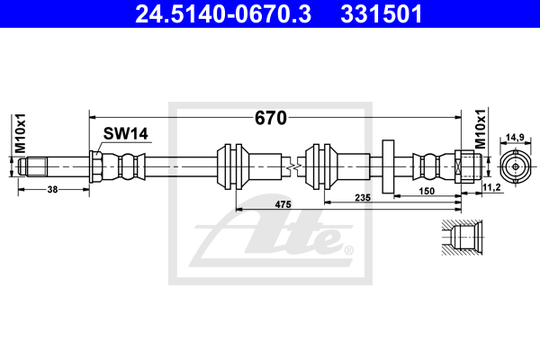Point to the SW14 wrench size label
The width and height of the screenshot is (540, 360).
click(x=124, y=134)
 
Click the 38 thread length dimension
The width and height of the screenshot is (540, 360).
click(x=52, y=190)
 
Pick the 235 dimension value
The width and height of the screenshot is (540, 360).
click(x=363, y=196)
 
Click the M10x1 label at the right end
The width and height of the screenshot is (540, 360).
click(x=481, y=129)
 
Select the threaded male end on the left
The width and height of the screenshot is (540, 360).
click(x=37, y=167)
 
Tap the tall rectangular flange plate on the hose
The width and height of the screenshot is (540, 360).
click(x=390, y=166)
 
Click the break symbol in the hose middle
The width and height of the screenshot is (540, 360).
click(x=290, y=167)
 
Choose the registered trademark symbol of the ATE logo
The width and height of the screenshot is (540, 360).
click(x=348, y=250)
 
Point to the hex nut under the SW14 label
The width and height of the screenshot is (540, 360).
click(x=94, y=167)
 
